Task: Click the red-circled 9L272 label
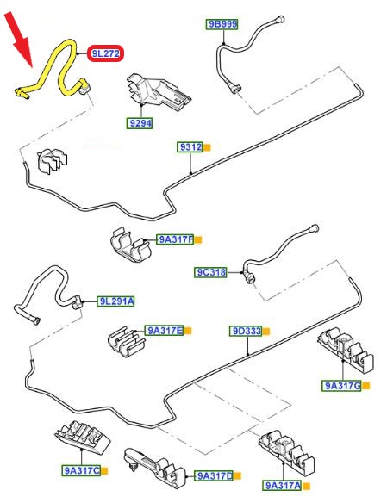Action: click(x=105, y=53)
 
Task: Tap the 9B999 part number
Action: click(x=222, y=24)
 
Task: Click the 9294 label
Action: click(x=140, y=123)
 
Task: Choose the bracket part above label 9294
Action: click(x=158, y=92)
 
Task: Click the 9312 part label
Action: click(x=190, y=147)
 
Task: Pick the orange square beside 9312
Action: click(x=208, y=147)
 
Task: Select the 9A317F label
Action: click(x=175, y=239)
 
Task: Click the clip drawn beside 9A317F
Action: click(x=130, y=245)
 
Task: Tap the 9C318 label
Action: click(x=211, y=272)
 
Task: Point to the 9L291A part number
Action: click(x=115, y=301)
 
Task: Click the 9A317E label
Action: click(x=164, y=331)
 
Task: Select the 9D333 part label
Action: click(x=246, y=331)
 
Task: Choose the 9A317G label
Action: click(x=342, y=385)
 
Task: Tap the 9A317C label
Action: click(x=82, y=470)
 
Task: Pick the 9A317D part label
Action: click(x=214, y=475)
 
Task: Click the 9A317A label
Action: click(x=283, y=486)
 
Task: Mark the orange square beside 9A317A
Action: click(x=307, y=487)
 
